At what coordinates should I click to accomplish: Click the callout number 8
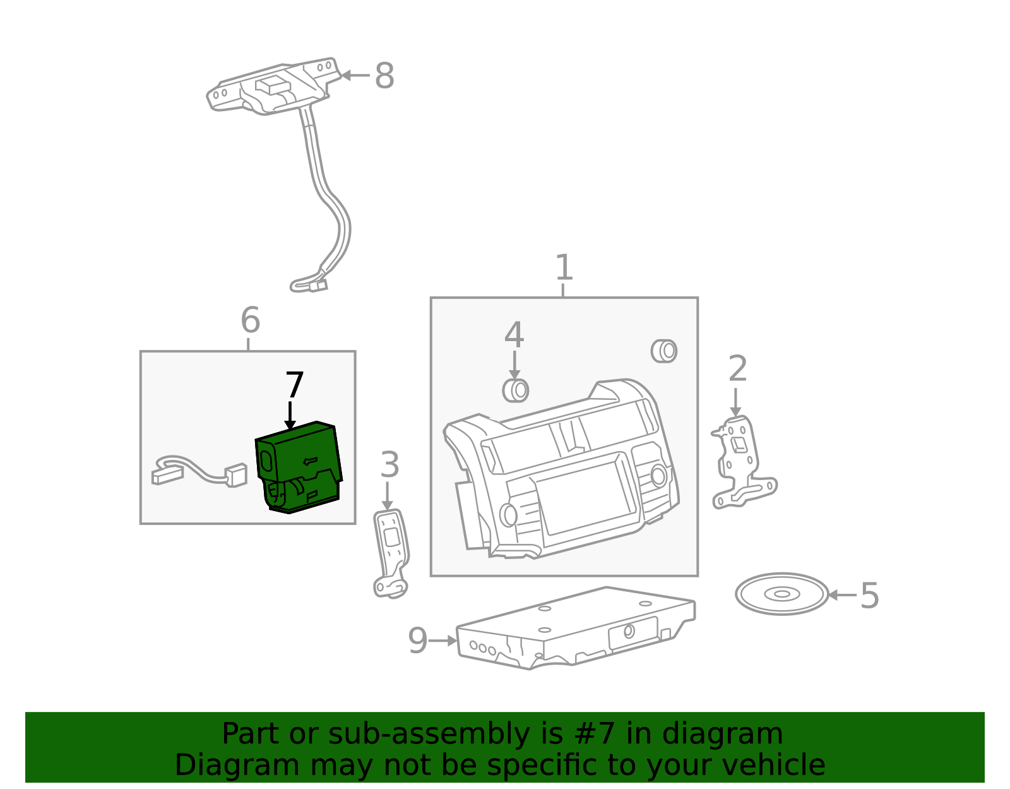tap(384, 75)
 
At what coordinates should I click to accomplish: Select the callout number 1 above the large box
tap(564, 267)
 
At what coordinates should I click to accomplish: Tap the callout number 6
tap(251, 320)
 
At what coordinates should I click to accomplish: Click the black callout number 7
tap(295, 385)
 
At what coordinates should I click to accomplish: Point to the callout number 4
tap(514, 335)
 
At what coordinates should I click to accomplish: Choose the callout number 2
tap(738, 369)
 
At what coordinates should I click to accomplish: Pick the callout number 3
tap(389, 464)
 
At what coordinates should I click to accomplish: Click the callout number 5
tap(870, 595)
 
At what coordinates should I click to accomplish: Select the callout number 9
tap(417, 641)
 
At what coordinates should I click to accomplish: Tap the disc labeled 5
tap(781, 594)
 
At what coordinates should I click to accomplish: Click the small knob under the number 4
tap(516, 390)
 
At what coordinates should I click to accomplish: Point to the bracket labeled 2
tap(743, 462)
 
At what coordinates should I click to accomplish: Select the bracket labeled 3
tap(391, 553)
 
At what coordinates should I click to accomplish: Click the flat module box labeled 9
tap(576, 628)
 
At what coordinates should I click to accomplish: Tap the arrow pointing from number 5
tap(843, 595)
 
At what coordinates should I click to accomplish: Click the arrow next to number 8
tap(355, 75)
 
